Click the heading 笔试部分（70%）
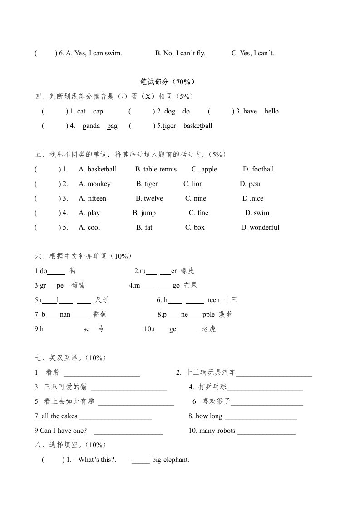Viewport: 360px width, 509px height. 168,82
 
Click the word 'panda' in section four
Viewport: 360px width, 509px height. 91,126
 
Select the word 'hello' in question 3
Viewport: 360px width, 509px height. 271,112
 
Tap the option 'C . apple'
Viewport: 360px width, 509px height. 204,170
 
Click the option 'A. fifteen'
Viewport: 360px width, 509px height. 92,199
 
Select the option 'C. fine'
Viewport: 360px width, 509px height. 198,213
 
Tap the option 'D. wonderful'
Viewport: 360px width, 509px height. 260,228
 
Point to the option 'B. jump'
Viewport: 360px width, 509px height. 144,213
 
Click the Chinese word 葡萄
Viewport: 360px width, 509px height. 78,286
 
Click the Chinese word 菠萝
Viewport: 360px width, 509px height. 226,315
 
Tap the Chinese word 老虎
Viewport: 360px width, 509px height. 209,329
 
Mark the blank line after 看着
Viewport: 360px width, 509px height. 102,373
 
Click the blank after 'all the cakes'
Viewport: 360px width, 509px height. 116,417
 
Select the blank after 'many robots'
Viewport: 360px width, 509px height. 266,431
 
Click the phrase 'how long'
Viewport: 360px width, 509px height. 209,416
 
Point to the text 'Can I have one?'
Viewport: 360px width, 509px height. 61,431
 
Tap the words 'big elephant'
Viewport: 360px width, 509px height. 171,460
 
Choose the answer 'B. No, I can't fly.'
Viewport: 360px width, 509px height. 180,54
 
